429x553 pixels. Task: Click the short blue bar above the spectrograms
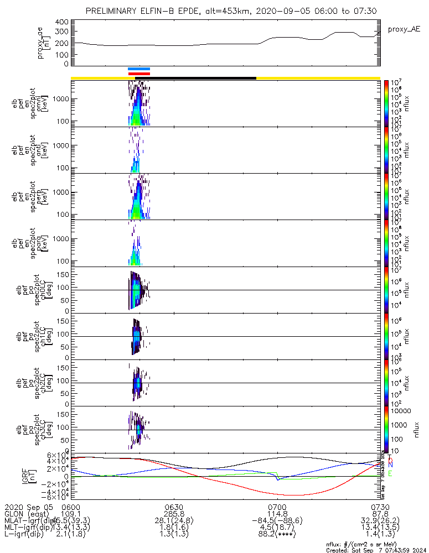tap(139, 69)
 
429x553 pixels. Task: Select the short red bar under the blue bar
tap(139, 74)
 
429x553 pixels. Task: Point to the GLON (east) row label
tap(25, 514)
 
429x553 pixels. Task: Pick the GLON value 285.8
tap(174, 514)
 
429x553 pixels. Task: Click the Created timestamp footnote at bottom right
tap(376, 550)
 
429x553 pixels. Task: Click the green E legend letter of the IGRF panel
tap(390, 474)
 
